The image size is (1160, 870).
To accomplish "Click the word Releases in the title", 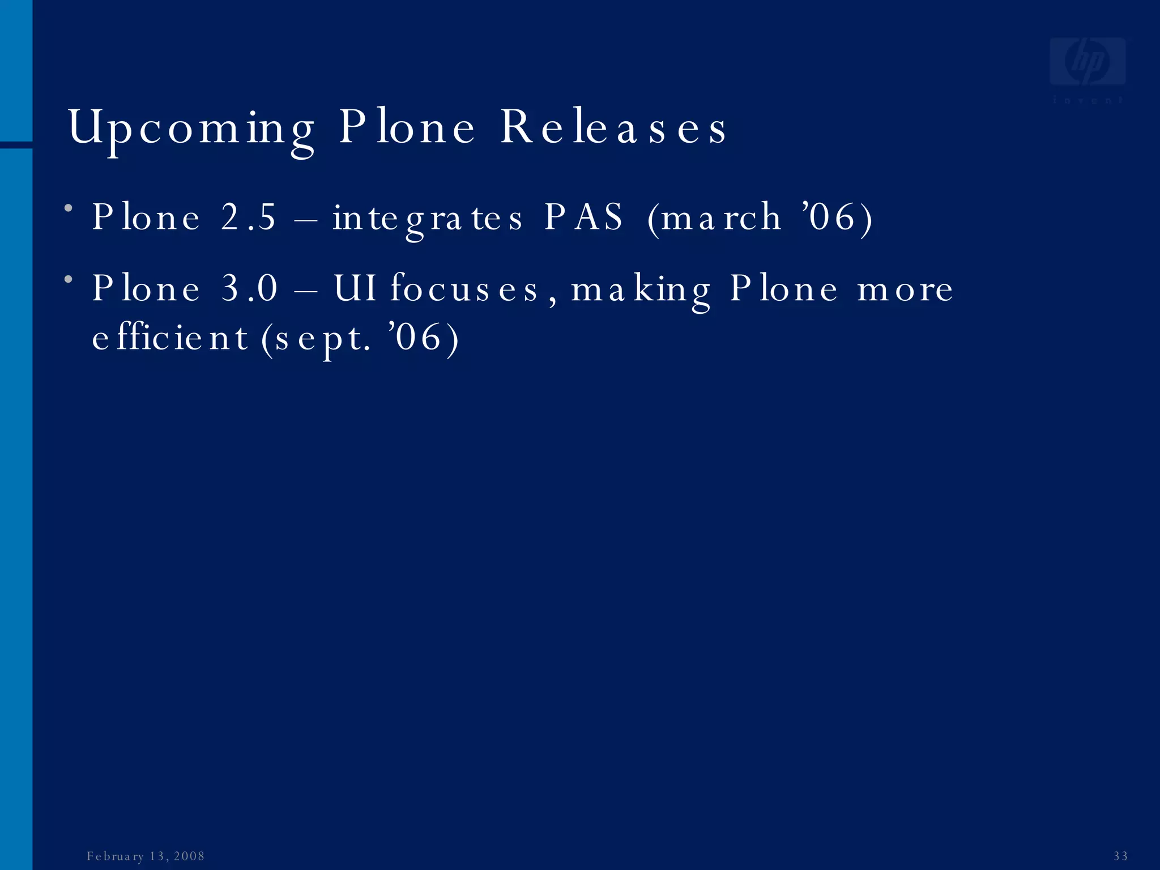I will (x=613, y=128).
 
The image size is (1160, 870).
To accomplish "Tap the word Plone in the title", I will (x=407, y=128).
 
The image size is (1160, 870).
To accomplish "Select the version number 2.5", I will (x=249, y=217).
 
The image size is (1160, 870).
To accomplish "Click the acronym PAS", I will (x=583, y=217).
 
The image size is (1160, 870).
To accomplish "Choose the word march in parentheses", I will (x=720, y=217).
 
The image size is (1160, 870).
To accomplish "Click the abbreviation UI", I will (x=355, y=288).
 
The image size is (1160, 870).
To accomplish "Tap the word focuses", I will (x=464, y=289).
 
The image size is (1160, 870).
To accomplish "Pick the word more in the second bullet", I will (x=905, y=289).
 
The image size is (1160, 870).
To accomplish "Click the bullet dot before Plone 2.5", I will (x=69, y=208).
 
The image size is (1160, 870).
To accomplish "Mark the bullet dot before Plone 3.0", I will (x=69, y=279).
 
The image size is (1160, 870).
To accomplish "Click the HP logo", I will (x=1087, y=62).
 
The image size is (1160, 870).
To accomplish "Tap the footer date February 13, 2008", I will (x=146, y=856).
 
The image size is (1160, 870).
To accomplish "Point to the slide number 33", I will (x=1120, y=856).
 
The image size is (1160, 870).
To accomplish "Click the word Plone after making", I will (x=783, y=289).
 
